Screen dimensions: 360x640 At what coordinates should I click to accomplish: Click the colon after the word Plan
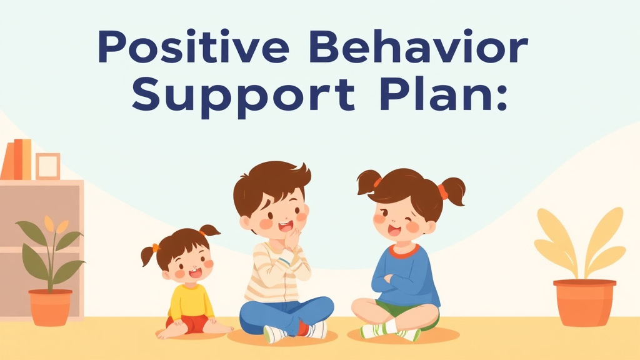(x=499, y=100)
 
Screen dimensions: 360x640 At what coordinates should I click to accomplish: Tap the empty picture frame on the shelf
(x=47, y=166)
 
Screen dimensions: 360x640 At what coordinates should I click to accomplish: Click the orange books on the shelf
(x=17, y=159)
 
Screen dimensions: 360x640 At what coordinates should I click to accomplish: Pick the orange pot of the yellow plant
(x=584, y=302)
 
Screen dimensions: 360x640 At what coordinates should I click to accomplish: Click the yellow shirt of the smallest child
(x=191, y=300)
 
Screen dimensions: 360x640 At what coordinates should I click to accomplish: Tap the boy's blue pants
(x=284, y=312)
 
